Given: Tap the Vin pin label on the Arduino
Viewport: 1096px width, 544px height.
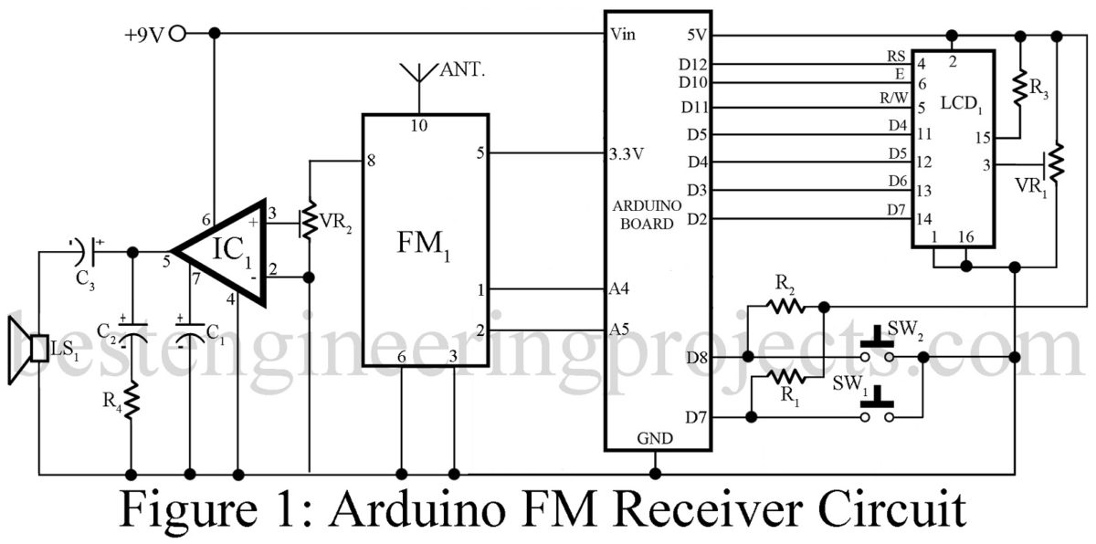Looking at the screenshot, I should tap(626, 36).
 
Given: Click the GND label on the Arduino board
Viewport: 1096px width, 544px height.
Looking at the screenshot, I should tap(656, 439).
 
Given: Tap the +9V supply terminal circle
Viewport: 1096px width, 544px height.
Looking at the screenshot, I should tap(179, 35).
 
